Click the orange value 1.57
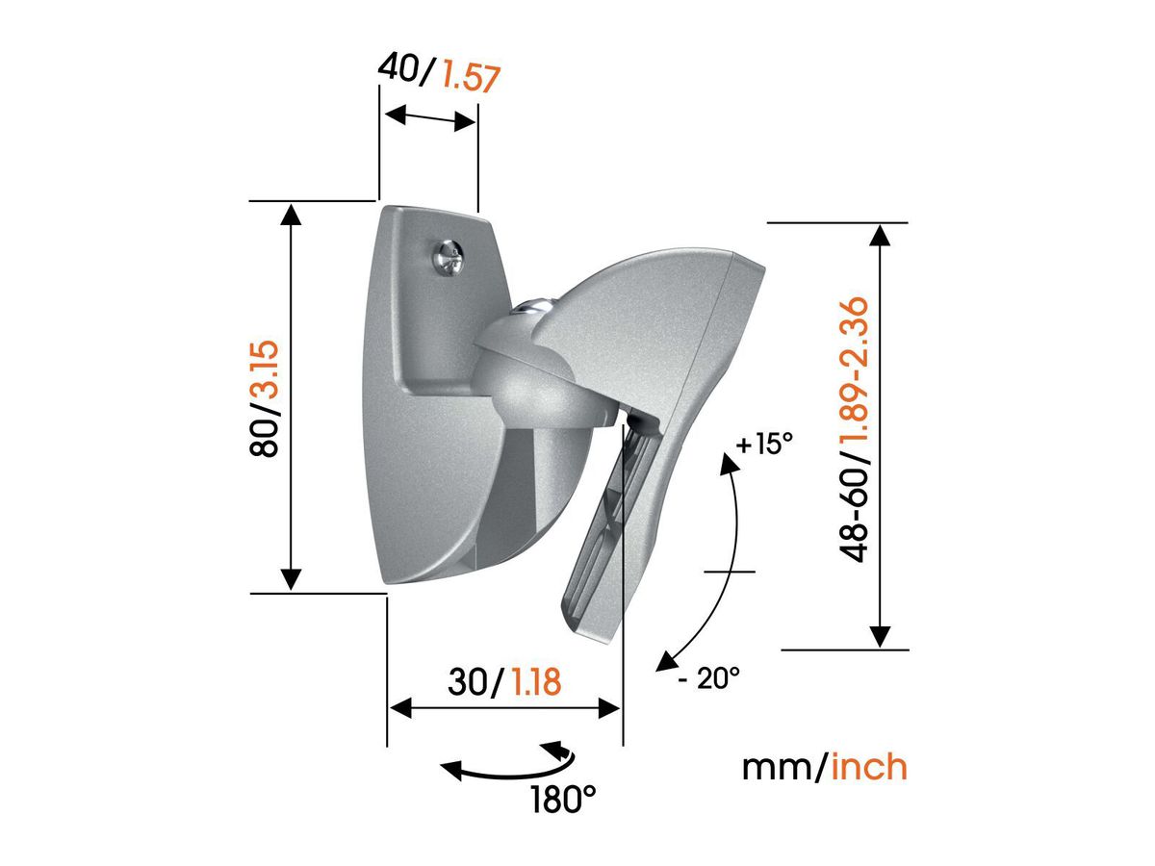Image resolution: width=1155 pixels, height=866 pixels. tap(471, 74)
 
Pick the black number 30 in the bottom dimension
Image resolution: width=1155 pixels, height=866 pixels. tap(470, 682)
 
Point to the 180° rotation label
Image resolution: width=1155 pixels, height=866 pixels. tap(564, 798)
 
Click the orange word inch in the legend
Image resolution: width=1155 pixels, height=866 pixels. tap(869, 767)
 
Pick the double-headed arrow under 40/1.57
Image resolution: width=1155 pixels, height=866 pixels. tap(428, 119)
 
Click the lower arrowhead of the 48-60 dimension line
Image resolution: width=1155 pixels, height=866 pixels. tap(879, 636)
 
